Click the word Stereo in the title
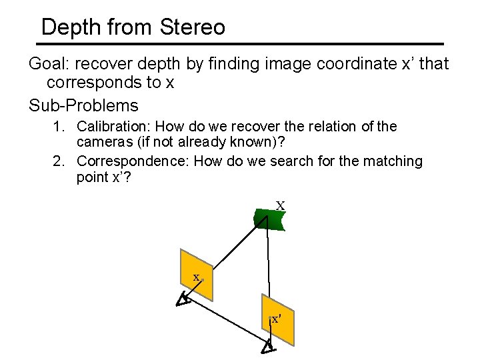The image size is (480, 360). point(193,27)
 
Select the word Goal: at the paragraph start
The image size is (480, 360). point(49,64)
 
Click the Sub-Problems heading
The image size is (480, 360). point(83,105)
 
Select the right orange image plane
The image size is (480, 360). point(277,319)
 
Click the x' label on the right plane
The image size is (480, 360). point(276,319)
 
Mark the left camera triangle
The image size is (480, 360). point(183,300)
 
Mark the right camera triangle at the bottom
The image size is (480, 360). point(267,347)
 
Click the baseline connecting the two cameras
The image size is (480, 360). point(227,324)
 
